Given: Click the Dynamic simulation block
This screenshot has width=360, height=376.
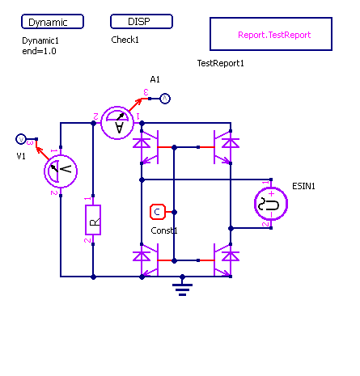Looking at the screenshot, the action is pos(53,22).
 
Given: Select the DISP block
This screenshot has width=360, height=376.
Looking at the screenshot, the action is pos(142,21).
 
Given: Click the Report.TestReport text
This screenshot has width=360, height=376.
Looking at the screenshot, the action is pos(274,35).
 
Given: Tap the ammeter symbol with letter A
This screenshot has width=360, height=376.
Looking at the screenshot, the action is pos(117,123).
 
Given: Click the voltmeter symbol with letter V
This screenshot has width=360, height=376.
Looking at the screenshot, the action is pos(61,171).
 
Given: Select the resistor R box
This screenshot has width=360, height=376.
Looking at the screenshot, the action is pos(93,220).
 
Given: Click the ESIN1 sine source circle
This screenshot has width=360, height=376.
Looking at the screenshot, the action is pos(271,204).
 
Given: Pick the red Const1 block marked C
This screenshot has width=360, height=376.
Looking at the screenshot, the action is pos(158,212).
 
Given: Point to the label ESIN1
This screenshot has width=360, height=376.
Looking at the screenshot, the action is pos(303,186).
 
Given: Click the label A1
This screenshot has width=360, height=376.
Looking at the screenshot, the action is pos(155,79).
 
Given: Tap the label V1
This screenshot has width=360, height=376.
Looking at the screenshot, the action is pos(21,156).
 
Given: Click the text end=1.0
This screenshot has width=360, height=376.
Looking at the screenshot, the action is pos(39,51).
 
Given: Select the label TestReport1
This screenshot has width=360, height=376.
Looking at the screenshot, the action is pos(221,63).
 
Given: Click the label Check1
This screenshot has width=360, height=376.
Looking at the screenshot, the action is pos(125,40).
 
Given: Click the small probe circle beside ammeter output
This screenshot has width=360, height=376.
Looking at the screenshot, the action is pos(165,99).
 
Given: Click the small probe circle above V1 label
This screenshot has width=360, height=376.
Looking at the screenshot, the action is pos(21,139).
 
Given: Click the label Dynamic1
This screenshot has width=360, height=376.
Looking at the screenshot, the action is pos(40,40).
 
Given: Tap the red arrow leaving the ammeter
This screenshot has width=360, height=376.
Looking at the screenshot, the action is pos(135,104).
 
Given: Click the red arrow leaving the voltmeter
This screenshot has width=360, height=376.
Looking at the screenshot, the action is pos(42,153).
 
